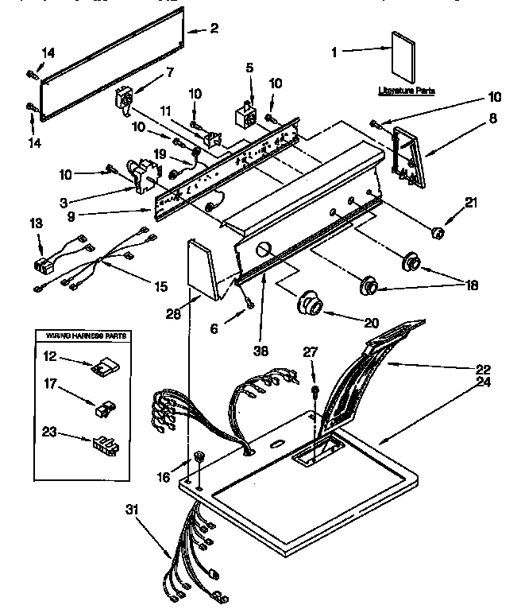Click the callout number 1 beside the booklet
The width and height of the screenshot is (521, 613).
click(334, 52)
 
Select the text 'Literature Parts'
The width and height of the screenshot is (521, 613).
click(406, 91)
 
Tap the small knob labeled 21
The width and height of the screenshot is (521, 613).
click(435, 232)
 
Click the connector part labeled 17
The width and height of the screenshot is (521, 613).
click(102, 409)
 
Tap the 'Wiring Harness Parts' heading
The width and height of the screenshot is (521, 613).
click(82, 337)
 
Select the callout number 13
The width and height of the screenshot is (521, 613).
click(34, 224)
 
